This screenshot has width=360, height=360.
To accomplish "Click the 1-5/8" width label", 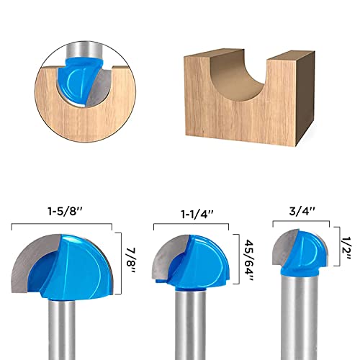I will (x=63, y=214).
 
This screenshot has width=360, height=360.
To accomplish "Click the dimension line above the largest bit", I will (x=63, y=225).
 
